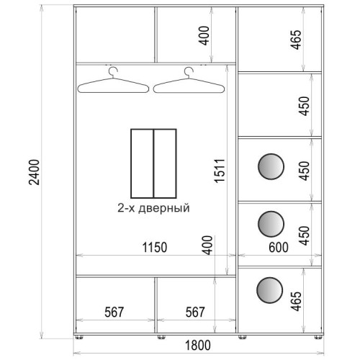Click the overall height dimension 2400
tap(34, 172)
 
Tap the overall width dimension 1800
tap(198, 346)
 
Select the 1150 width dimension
tap(155, 247)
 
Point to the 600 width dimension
tap(279, 247)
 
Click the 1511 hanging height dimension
tap(220, 171)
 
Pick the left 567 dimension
tap(114, 312)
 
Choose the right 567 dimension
tap(195, 312)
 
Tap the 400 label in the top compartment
tap(204, 35)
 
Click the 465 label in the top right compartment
tap(296, 40)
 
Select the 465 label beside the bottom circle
tap(296, 301)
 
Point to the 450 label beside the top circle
tap(304, 171)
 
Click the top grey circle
tap(271, 166)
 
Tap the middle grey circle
tap(271, 224)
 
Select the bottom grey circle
tap(269, 290)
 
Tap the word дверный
tap(164, 208)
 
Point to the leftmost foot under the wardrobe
tap(79, 337)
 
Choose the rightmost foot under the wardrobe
tap(318, 337)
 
